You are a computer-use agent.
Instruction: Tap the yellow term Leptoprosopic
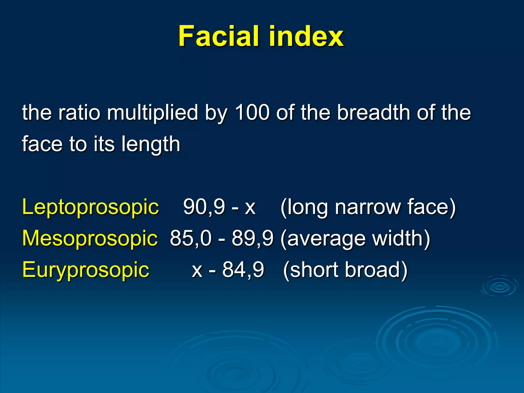click(91, 207)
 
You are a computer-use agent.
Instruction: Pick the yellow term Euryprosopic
click(86, 270)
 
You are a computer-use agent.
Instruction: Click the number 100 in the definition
click(252, 112)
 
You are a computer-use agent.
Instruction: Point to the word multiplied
click(152, 113)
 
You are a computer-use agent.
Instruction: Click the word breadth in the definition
click(373, 112)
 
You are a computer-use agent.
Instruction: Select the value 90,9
click(204, 207)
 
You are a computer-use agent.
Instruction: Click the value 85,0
click(191, 238)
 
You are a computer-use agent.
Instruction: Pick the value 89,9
click(253, 238)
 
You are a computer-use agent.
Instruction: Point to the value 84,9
click(243, 270)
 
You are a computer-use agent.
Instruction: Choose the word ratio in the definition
click(79, 112)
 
